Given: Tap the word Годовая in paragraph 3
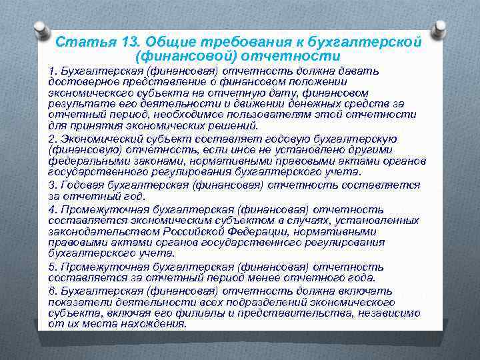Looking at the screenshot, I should (80, 185).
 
